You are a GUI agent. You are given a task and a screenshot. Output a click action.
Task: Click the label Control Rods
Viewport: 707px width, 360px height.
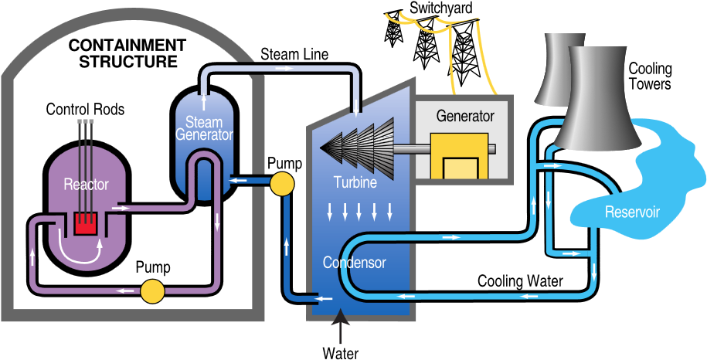click(85, 110)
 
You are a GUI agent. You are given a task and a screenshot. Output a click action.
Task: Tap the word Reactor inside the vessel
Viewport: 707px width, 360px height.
click(86, 185)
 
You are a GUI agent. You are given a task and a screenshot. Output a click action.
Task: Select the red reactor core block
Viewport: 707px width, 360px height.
click(85, 224)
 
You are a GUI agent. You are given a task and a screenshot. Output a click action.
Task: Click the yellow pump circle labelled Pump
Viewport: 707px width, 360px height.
click(152, 291)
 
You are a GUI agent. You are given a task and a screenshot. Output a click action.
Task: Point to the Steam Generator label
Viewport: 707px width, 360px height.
click(204, 129)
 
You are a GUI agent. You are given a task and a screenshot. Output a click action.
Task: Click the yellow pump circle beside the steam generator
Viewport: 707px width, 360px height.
click(281, 183)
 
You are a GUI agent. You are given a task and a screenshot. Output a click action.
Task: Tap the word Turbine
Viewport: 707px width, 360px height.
click(355, 183)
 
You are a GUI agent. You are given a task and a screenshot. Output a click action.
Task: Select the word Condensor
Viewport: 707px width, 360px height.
click(354, 263)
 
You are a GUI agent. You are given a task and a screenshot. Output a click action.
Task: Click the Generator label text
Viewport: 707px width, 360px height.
click(465, 117)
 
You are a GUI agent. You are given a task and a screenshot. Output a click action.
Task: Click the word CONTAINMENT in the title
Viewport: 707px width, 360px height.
click(127, 46)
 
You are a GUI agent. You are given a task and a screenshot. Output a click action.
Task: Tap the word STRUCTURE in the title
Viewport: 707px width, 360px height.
click(127, 62)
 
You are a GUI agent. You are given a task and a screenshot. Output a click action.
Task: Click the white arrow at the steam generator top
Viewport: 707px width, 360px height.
click(204, 101)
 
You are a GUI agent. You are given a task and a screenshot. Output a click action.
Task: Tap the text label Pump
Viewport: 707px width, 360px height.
click(153, 268)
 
